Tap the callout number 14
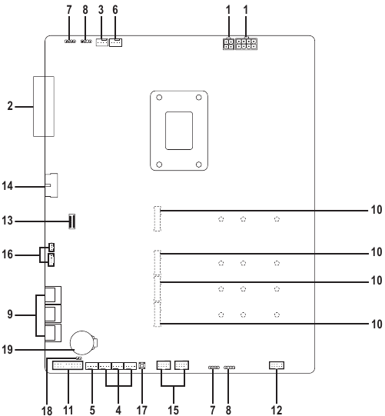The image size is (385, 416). [x=14, y=185]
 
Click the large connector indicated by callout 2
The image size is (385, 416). [x=44, y=105]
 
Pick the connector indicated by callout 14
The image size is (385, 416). [x=51, y=185]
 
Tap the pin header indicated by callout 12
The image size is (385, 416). [x=276, y=365]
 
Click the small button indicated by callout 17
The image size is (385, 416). [x=142, y=367]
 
